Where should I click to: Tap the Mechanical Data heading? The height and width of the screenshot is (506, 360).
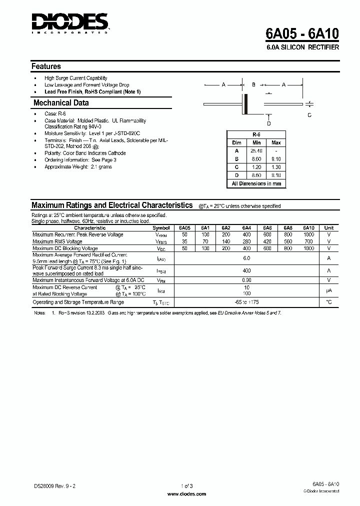pos(61,102)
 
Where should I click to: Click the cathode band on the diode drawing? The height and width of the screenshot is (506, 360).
pos(245,103)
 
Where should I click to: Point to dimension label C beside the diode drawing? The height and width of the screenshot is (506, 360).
pos(309,115)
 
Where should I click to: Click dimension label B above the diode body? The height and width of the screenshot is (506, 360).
pos(253,85)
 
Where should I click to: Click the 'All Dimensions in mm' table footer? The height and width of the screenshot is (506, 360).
pos(256,183)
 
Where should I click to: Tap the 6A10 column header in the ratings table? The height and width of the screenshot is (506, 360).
pos(309,227)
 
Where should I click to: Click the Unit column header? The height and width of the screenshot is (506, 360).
pos(329,227)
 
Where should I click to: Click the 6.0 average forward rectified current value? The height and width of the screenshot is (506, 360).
pos(246,258)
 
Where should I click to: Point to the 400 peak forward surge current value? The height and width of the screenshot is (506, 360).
pos(246,270)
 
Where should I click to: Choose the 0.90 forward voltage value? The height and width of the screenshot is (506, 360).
pos(246,280)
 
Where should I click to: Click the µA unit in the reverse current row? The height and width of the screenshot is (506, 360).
pos(329,290)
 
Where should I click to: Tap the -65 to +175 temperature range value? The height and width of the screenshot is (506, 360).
pos(246,302)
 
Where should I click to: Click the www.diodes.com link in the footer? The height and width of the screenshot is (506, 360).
pos(186,493)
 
